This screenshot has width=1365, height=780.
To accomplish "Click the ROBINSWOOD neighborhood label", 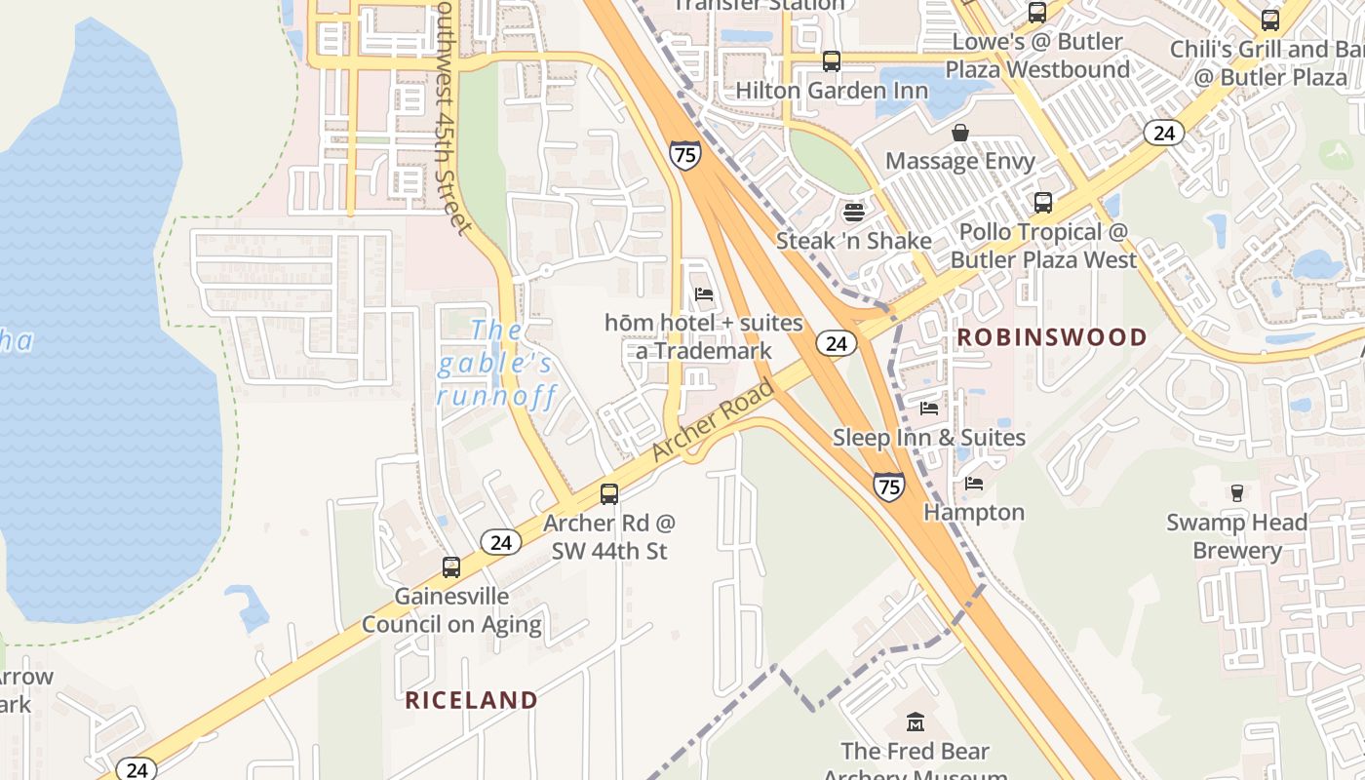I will [x=1052, y=337].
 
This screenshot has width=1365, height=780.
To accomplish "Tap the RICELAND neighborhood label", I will [x=471, y=700].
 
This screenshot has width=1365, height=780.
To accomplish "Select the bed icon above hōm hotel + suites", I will [x=703, y=293].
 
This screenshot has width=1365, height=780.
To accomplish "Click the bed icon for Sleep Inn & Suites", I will [x=929, y=409].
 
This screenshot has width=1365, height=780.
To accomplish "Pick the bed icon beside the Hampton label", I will [x=973, y=483].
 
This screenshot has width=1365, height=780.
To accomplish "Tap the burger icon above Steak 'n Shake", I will [x=854, y=212].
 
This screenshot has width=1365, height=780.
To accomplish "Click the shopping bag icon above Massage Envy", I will [x=960, y=133].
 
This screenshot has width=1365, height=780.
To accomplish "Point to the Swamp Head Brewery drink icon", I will [x=1237, y=493].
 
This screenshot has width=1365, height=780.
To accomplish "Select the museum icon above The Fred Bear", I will [x=915, y=722].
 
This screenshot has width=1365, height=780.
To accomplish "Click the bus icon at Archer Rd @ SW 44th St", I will [x=609, y=494].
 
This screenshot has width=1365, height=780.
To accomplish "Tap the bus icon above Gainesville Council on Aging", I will [x=451, y=566].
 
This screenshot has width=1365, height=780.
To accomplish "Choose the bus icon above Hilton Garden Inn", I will [x=832, y=60].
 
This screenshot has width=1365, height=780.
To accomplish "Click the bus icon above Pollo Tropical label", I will [x=1043, y=203].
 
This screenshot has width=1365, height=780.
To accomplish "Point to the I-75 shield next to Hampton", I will [x=888, y=486].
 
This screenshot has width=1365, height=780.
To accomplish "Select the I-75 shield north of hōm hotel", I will [x=684, y=155].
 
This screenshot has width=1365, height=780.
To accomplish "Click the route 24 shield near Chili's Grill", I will [x=1163, y=133].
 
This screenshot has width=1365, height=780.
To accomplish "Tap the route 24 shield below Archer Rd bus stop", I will [x=500, y=542].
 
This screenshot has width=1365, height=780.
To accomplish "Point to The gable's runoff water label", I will [x=496, y=363].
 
